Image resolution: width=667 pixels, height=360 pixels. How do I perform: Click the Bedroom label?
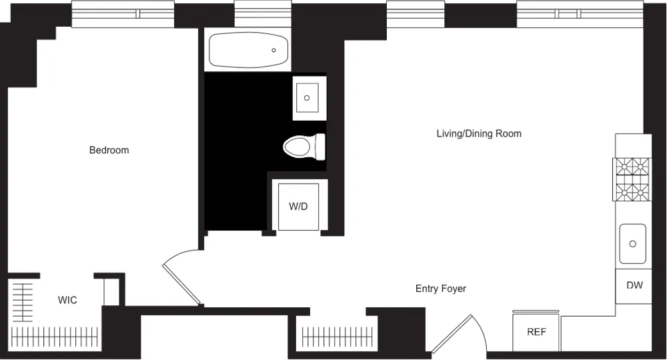pos(109,150)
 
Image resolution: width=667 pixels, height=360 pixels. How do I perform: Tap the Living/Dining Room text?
pos(478,133)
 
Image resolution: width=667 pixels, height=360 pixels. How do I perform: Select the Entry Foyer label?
pos(440,289)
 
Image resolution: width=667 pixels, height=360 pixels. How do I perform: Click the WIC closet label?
pos(67,300)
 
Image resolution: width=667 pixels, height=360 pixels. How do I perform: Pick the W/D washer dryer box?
pos(298,206)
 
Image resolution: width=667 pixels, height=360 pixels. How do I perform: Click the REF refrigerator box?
pos(536,332)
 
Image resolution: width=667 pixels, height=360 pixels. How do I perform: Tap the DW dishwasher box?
pos(634,285)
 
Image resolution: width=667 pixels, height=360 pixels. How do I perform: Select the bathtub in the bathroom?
pos(248,50)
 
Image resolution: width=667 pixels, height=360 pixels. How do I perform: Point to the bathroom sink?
pos(307,98)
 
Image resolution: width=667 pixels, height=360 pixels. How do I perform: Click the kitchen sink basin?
pos(632,243)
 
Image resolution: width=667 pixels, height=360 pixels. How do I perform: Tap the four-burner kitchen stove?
pos(632,179)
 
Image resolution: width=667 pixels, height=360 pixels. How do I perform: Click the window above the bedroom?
pos(123,13)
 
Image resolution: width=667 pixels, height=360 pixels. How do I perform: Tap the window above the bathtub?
pos(263,13)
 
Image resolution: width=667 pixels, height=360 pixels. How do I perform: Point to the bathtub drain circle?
pos(273,50)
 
